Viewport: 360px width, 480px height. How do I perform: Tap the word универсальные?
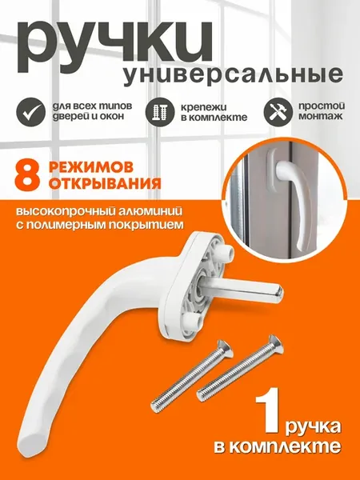pyautogui.click(x=233, y=75)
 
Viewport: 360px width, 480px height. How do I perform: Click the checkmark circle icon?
pyautogui.click(x=31, y=112)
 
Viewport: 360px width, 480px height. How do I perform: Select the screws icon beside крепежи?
pyautogui.click(x=160, y=112)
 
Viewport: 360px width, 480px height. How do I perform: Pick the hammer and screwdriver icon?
pyautogui.click(x=278, y=112)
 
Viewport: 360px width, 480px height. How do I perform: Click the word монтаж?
pyautogui.click(x=321, y=117)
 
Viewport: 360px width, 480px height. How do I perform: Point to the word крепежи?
pyautogui.click(x=203, y=107)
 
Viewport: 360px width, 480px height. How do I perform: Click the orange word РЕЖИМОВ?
pyautogui.click(x=91, y=168)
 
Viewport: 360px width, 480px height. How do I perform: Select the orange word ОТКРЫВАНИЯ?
pyautogui.click(x=105, y=184)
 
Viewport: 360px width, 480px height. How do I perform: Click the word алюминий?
pyautogui.click(x=147, y=212)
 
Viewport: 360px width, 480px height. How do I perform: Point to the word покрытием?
pyautogui.click(x=150, y=225)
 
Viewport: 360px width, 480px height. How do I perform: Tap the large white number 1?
pyautogui.click(x=268, y=410)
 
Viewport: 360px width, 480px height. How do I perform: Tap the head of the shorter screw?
pyautogui.click(x=224, y=348)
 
